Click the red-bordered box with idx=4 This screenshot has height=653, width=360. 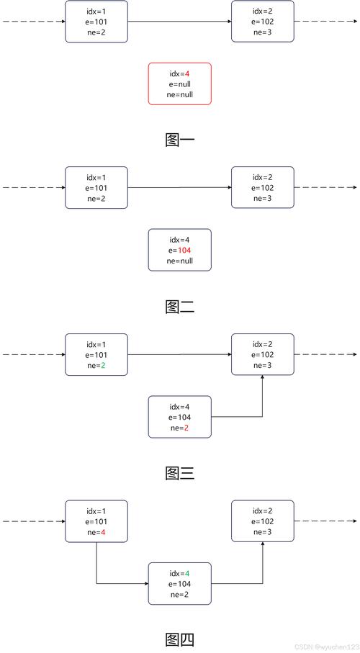pos(180,84)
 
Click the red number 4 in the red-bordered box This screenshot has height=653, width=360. pos(187,73)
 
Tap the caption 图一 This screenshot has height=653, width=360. pos(180,140)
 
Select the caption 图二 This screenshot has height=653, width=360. pos(180,307)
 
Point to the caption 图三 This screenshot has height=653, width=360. pos(180,473)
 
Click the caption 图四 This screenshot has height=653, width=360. pos(180,639)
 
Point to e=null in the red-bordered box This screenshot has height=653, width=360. pos(180,84)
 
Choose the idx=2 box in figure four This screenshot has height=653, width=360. pos(263,521)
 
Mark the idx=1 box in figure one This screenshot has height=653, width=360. pos(96,22)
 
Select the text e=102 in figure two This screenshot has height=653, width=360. pos(263,188)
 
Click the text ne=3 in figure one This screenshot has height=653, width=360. pos(263,32)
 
